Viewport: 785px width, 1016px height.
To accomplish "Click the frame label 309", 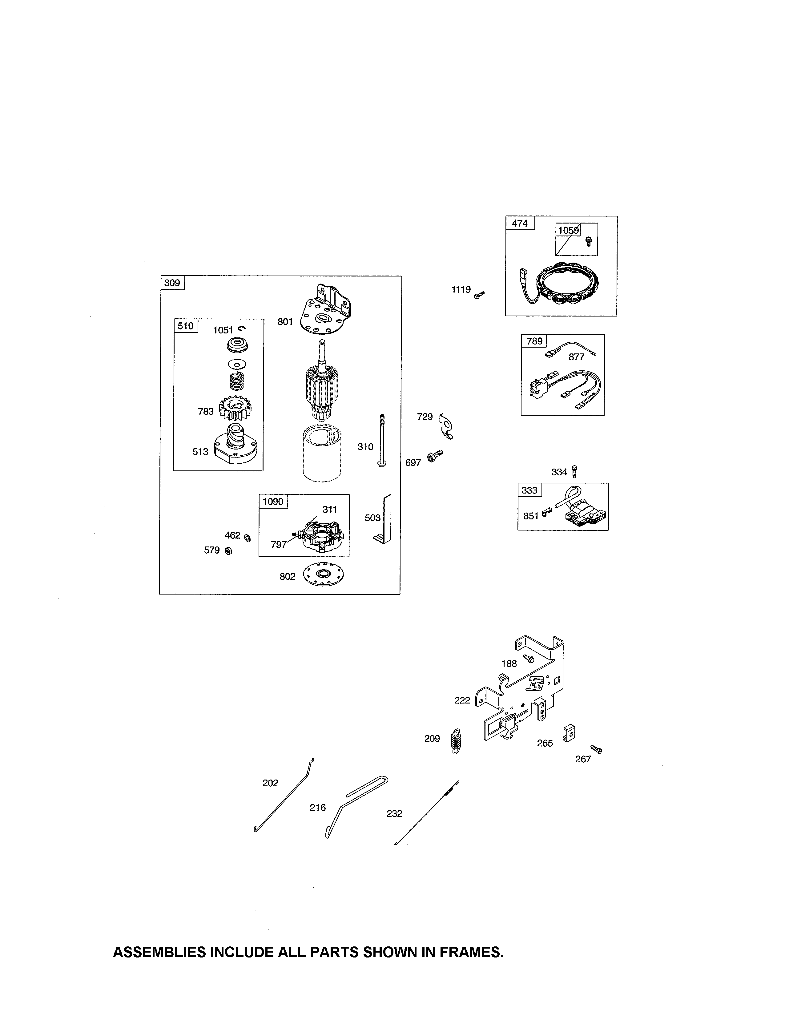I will point(172,283).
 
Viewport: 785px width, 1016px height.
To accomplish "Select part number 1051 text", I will point(223,330).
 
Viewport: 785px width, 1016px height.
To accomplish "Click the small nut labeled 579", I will point(228,551).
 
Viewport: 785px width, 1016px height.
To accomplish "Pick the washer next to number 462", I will point(248,538).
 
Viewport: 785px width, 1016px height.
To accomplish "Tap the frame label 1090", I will point(273,502).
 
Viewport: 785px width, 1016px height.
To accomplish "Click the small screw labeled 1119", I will point(479,294).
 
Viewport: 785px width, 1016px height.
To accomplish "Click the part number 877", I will point(576,357).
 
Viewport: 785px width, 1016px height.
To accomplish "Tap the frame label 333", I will point(529,490).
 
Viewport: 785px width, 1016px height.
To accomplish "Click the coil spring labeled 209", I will point(457,740).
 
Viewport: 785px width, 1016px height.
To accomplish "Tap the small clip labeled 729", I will point(446,426).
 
